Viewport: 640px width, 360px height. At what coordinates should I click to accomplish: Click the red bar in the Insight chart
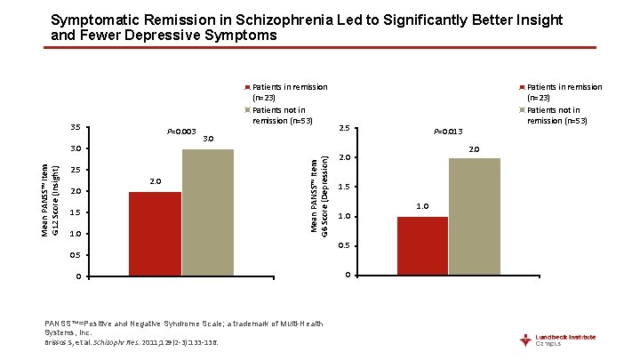click(x=155, y=234)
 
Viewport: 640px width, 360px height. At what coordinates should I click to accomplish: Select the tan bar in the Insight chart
click(x=208, y=212)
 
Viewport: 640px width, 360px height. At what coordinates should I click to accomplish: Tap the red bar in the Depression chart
click(x=422, y=245)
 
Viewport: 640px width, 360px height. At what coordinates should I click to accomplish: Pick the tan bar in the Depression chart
click(x=475, y=216)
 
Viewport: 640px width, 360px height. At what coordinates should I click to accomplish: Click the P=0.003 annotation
click(x=181, y=132)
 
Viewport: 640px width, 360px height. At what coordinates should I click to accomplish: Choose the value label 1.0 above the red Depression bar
click(x=422, y=206)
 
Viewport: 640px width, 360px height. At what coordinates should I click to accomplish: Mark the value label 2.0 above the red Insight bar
click(x=155, y=181)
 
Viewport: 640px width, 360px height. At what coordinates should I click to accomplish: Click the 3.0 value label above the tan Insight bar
click(x=208, y=139)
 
